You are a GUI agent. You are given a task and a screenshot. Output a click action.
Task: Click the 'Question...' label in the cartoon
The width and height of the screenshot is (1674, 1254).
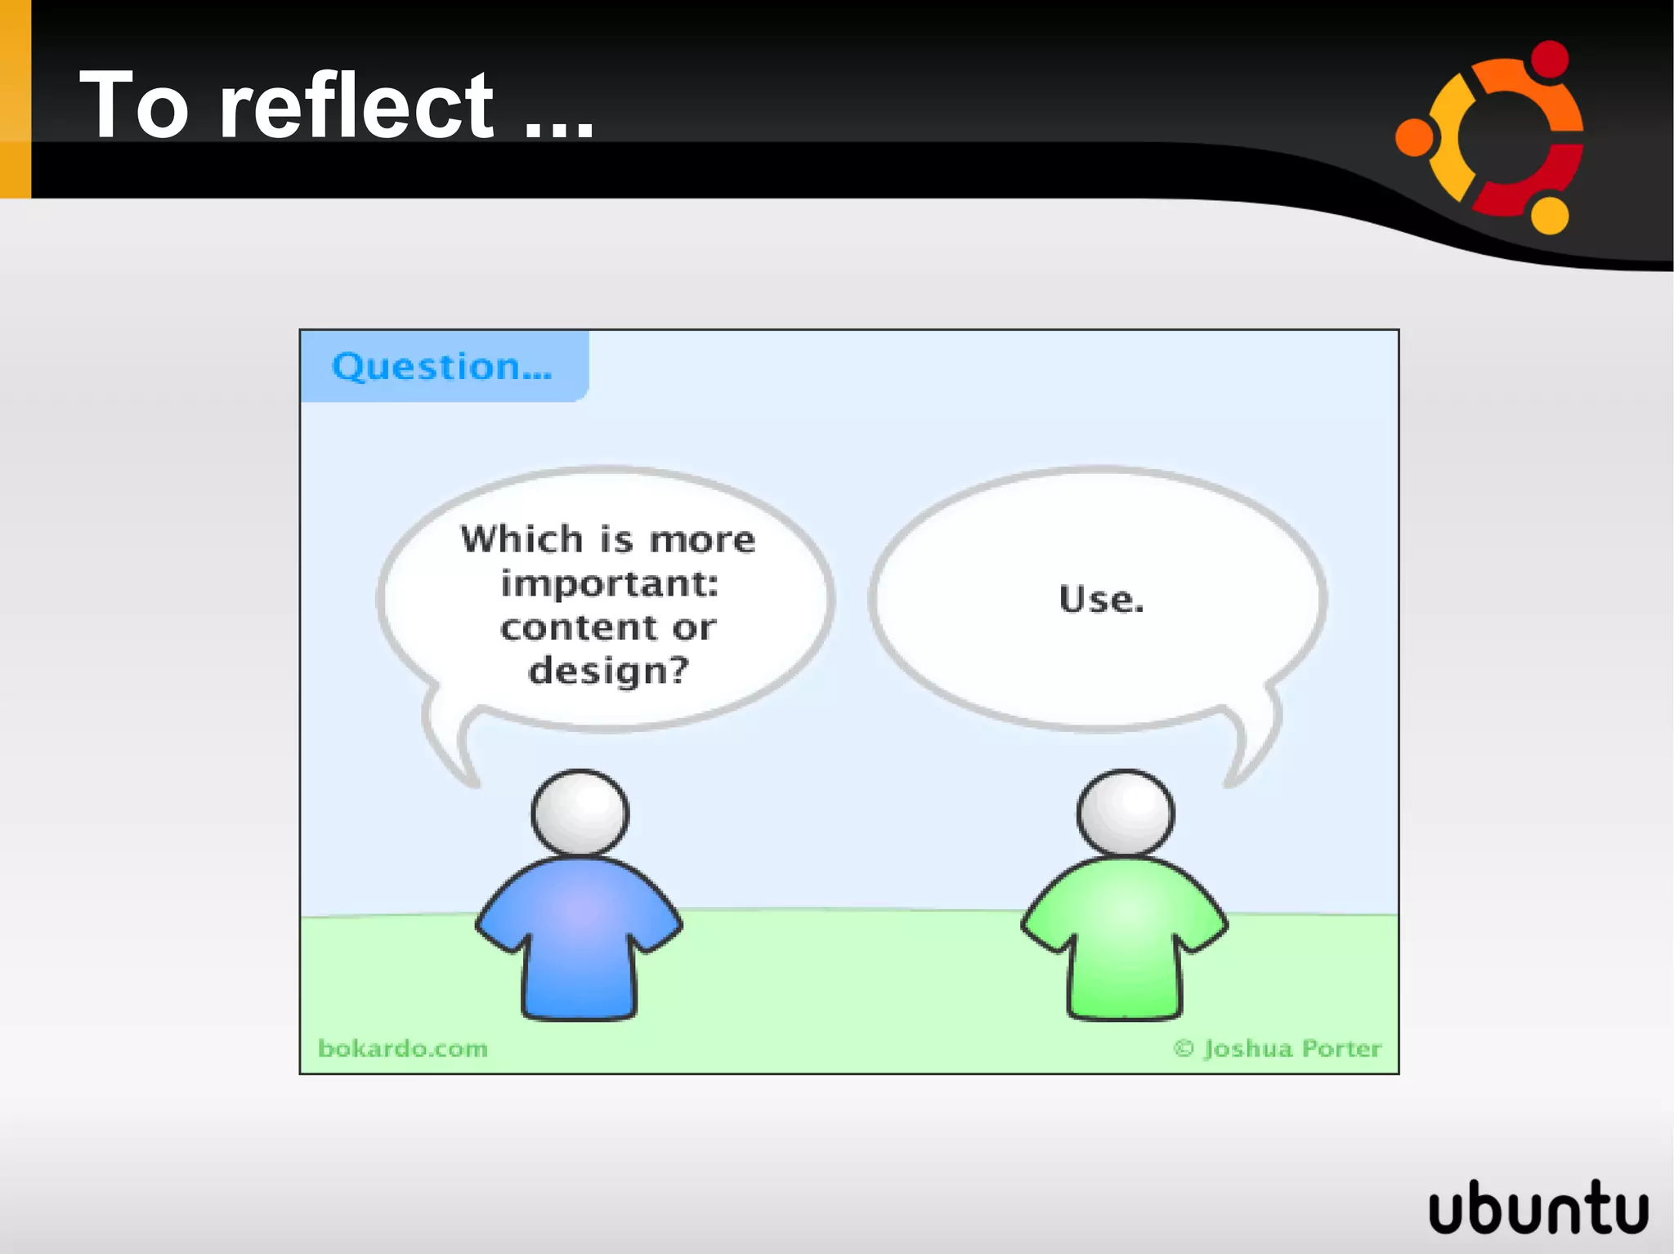point(441,366)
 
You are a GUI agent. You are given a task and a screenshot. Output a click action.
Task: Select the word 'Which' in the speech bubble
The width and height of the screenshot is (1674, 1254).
point(521,539)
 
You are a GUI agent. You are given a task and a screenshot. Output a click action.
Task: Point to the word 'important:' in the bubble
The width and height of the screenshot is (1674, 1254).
point(609,583)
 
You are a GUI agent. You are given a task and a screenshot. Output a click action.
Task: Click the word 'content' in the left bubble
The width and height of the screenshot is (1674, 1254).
point(579,627)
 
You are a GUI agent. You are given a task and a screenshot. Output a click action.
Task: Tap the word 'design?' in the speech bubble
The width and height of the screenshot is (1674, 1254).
point(609,672)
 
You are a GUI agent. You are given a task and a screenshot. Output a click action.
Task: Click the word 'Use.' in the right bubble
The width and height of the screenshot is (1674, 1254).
point(1101,599)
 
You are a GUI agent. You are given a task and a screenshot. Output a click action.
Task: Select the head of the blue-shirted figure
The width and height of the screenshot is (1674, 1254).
point(580,813)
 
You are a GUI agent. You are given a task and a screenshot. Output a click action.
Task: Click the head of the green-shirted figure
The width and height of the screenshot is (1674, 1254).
point(1125,813)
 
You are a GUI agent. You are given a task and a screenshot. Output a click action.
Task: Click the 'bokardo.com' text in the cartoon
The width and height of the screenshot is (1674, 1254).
point(403,1048)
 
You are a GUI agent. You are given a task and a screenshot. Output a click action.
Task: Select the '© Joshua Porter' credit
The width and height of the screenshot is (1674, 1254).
point(1277,1048)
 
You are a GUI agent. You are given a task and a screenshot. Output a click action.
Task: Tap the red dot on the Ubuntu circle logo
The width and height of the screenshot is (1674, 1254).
point(1549,60)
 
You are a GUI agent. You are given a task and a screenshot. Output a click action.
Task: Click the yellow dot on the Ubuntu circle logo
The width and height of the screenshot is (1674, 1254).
point(1549,215)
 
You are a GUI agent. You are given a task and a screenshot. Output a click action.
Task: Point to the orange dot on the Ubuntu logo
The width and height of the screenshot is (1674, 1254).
point(1415,136)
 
